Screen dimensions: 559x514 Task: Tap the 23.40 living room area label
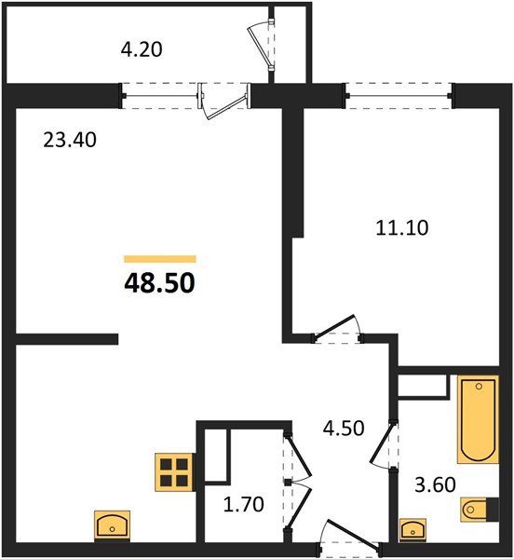[x=70, y=141]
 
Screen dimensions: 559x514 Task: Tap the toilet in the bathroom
[x=474, y=509]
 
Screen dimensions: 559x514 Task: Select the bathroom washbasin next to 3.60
[x=411, y=528]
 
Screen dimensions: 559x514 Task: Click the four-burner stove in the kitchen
[x=174, y=472]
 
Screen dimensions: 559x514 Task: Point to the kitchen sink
[x=112, y=525]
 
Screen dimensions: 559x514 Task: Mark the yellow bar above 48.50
[x=159, y=259]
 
